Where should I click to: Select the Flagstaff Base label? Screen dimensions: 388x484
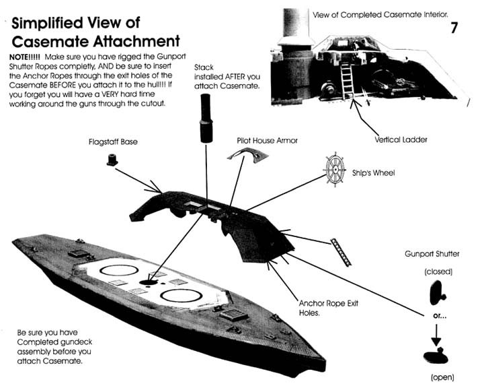tap(112, 143)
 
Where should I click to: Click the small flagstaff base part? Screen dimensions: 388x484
tap(112, 160)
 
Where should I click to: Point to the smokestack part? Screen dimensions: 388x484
tap(205, 117)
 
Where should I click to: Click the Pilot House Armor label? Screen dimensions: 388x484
tap(267, 141)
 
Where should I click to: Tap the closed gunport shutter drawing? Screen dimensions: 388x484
tap(436, 292)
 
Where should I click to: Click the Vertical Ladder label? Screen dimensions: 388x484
tap(401, 139)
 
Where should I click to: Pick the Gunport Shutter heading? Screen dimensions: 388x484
tap(432, 254)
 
